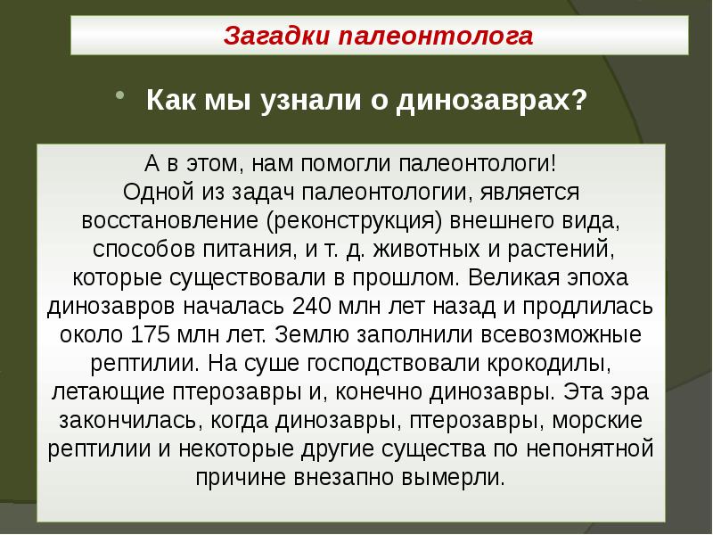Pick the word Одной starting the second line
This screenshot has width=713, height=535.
click(152, 193)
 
